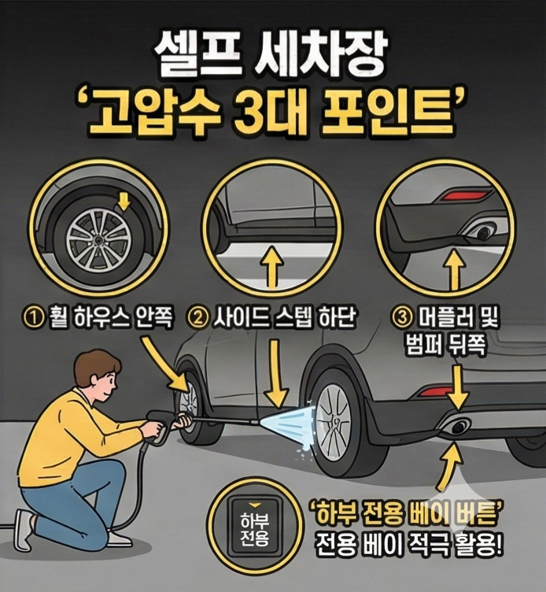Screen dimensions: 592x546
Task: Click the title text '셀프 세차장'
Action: (272, 57)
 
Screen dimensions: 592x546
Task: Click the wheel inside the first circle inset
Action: (98, 236)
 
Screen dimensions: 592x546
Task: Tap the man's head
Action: (98, 376)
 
